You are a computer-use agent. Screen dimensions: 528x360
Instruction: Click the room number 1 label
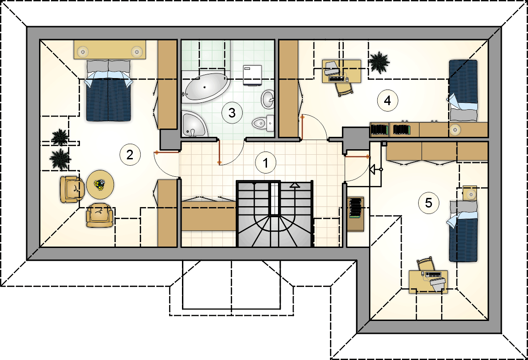tap(265, 163)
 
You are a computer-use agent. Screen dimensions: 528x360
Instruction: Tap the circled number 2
tap(130, 155)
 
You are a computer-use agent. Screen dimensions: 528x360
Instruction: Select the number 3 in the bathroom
tap(232, 112)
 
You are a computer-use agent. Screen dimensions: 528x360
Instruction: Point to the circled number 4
tap(387, 100)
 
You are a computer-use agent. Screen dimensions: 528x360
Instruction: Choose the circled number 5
tap(429, 202)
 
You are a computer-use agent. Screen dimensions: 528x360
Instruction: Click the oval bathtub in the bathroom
tap(205, 87)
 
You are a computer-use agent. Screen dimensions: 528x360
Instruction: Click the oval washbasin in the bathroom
tap(268, 99)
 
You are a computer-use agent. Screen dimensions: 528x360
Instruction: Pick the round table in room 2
tap(100, 185)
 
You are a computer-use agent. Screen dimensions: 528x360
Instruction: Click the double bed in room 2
tap(108, 90)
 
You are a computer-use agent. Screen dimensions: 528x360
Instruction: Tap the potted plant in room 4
tap(379, 62)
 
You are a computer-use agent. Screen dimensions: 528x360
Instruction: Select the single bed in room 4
tap(463, 90)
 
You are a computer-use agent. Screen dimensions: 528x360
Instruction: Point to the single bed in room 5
tap(463, 231)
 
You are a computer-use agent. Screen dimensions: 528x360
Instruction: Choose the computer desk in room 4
tap(341, 71)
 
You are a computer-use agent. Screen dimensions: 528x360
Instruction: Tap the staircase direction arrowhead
tap(295, 185)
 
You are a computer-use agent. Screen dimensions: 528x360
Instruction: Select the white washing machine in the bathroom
tap(252, 75)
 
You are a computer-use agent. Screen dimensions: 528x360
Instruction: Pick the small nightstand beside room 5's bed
tap(469, 193)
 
